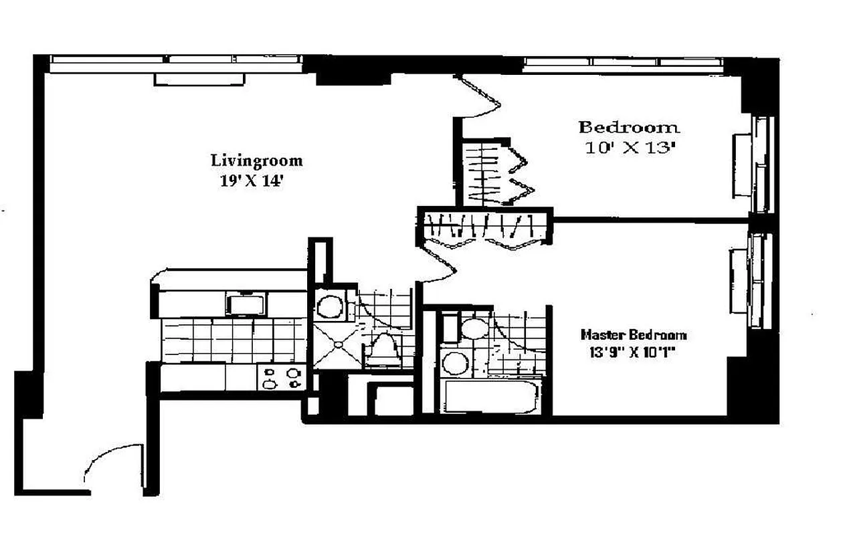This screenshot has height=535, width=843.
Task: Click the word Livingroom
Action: click(x=256, y=160)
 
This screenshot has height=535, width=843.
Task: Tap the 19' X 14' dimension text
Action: click(x=252, y=181)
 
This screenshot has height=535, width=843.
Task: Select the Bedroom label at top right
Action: click(x=628, y=127)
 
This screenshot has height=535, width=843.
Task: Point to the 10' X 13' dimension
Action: click(x=627, y=149)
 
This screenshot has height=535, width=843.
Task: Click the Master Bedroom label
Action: click(x=633, y=334)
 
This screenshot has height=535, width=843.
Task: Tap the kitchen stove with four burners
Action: click(x=282, y=379)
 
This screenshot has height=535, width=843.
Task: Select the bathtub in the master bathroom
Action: click(x=491, y=397)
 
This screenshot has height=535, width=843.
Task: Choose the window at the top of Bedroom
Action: click(x=622, y=64)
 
